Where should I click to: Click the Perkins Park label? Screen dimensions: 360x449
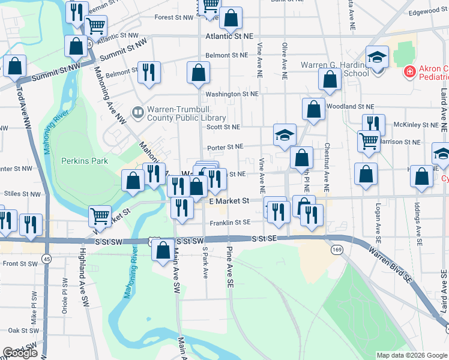[x=85, y=161]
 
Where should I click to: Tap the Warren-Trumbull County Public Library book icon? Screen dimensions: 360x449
[x=138, y=112]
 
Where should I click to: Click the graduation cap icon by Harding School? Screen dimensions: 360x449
[x=378, y=58]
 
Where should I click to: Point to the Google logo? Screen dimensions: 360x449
[x=20, y=353]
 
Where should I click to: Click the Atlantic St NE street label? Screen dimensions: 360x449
[x=231, y=37]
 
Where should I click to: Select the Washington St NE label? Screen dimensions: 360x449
[x=232, y=94]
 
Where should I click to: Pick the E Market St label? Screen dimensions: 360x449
[x=229, y=202]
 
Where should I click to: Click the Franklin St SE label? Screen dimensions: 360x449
[x=230, y=223]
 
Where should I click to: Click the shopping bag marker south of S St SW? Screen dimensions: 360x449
[x=163, y=250]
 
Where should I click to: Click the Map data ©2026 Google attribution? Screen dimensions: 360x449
[x=412, y=355]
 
